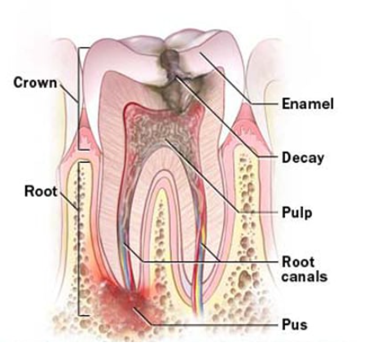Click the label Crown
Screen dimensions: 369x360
(x=35, y=82)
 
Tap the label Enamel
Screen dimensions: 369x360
(x=308, y=103)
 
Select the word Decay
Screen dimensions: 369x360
(x=303, y=158)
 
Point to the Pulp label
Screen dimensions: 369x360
(x=297, y=213)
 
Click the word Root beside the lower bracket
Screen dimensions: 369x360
(x=41, y=191)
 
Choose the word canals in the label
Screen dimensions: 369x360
(x=305, y=276)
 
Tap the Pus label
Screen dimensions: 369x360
(x=294, y=325)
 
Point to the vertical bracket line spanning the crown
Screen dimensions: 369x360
(x=79, y=99)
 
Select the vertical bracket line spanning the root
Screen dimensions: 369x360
(x=79, y=239)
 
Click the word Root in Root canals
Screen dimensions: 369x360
(x=298, y=262)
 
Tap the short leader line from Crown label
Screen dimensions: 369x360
(x=69, y=93)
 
